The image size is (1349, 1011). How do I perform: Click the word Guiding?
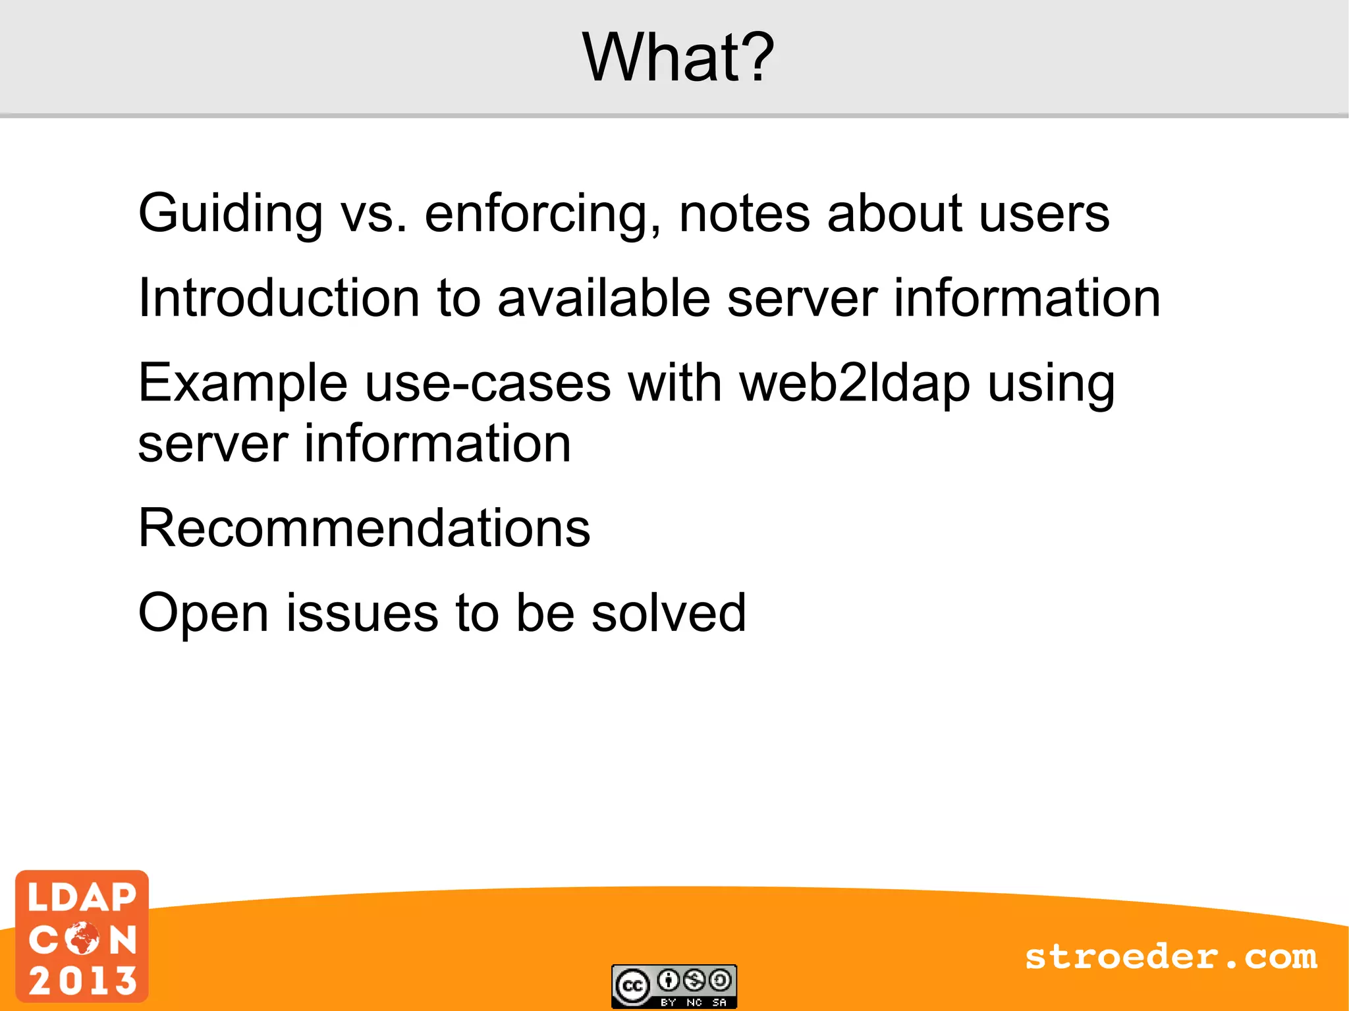click(x=230, y=214)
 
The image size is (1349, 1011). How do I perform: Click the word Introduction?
click(x=279, y=298)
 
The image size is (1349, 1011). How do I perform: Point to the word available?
click(x=603, y=298)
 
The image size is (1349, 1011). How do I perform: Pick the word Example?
click(x=242, y=384)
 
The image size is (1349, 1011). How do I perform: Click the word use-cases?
click(x=487, y=384)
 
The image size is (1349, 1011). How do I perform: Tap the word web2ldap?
click(x=854, y=384)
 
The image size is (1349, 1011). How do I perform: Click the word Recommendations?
click(x=364, y=528)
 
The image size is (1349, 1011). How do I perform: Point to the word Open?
click(x=203, y=613)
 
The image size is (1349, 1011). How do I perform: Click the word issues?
click(x=362, y=613)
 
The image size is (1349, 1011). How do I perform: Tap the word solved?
click(x=669, y=613)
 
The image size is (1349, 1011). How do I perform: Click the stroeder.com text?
click(x=1170, y=957)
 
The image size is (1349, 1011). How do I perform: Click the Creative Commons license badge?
click(x=674, y=986)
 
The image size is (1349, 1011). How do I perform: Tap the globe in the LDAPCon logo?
click(x=83, y=939)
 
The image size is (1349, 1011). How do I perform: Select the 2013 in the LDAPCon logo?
click(x=82, y=981)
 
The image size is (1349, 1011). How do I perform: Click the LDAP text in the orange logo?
click(x=82, y=898)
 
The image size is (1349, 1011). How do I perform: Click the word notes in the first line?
click(x=744, y=214)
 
